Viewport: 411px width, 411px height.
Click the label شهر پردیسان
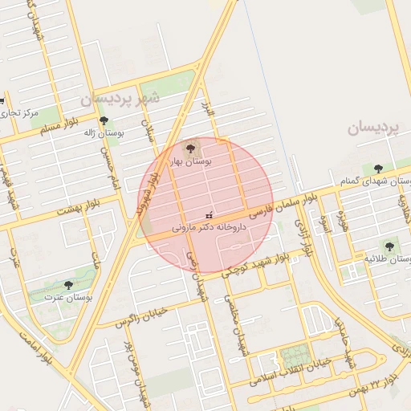click(120, 99)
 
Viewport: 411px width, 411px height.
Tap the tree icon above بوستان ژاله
click(104, 121)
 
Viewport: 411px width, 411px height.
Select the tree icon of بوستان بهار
click(190, 148)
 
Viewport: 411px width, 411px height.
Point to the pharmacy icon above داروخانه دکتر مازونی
click(210, 214)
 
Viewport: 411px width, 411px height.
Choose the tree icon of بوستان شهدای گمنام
click(378, 169)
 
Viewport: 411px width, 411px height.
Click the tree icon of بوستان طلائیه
click(389, 246)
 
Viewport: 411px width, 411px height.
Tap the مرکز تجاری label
click(20, 113)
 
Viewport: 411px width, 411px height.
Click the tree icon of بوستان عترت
click(67, 284)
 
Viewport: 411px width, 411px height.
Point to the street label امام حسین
click(109, 165)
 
